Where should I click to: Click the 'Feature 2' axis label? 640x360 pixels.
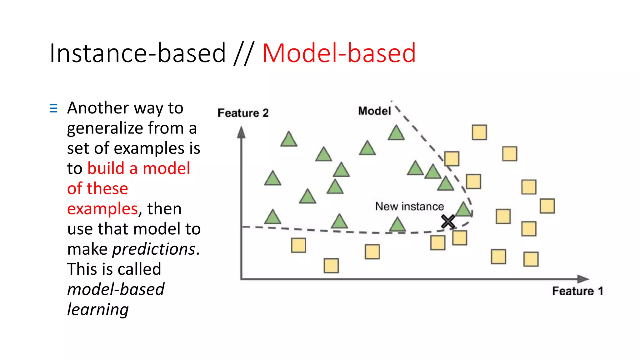click(x=243, y=113)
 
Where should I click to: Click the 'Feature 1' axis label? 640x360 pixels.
click(x=577, y=291)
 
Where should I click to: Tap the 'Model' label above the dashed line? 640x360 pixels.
click(x=374, y=111)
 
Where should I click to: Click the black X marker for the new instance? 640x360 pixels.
click(x=448, y=221)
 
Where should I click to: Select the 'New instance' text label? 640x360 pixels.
click(x=409, y=207)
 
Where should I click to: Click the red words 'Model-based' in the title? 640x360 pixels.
click(x=339, y=53)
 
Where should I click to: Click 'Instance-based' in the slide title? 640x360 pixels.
click(x=137, y=53)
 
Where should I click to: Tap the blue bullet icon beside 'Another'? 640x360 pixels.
click(x=53, y=108)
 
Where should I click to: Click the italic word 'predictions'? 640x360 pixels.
click(x=154, y=249)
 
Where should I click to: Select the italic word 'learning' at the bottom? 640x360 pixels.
click(x=98, y=309)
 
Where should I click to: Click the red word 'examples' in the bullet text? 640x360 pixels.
click(x=102, y=209)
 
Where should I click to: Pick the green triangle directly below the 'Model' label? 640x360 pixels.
click(x=396, y=133)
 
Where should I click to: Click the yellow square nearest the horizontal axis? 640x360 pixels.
click(x=331, y=266)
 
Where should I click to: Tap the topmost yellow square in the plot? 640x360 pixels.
click(x=479, y=132)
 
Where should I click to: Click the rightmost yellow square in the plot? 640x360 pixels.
click(x=547, y=206)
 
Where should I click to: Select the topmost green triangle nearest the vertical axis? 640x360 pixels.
click(x=288, y=140)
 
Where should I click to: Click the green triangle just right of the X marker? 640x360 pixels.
click(x=463, y=210)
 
